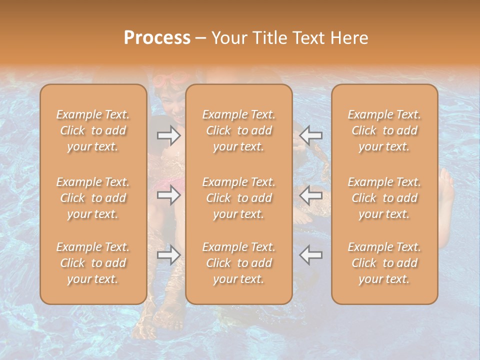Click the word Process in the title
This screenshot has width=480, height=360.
point(157,38)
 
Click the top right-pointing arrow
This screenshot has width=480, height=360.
point(168,135)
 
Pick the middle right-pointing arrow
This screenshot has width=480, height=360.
point(168,195)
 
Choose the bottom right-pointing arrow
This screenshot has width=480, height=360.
point(168,255)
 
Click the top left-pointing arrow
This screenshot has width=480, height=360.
point(311,135)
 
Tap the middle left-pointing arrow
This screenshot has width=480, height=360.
point(311,195)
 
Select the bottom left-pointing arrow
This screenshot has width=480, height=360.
point(311,255)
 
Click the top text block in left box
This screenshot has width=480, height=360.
point(93,130)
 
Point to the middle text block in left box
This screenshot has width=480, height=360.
point(93,198)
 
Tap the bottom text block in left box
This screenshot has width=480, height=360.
point(93,263)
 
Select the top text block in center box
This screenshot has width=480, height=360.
point(239,130)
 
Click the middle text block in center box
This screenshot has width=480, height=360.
point(239,198)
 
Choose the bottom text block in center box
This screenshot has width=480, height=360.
point(239,263)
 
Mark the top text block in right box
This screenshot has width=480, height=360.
point(384,130)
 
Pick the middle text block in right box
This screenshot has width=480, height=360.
point(384,198)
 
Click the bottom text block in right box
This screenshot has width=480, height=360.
point(384,263)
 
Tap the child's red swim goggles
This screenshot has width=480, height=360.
point(170,79)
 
